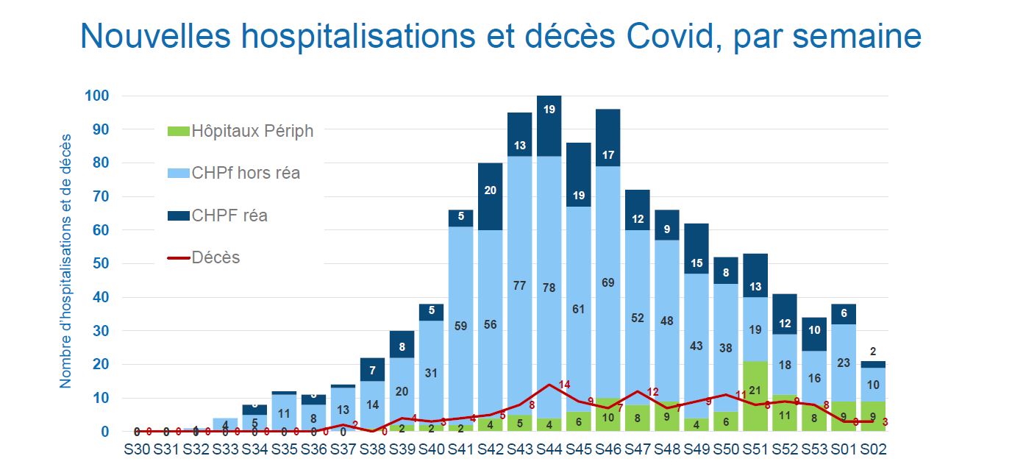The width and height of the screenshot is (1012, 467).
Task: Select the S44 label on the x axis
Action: coord(549,449)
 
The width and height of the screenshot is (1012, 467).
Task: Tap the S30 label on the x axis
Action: coord(137,449)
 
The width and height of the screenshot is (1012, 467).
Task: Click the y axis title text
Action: coord(65,261)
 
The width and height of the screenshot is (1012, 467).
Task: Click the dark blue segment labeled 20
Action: coord(490,190)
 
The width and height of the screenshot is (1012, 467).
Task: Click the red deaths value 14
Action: coord(564,384)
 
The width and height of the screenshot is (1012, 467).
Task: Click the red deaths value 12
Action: coord(652,391)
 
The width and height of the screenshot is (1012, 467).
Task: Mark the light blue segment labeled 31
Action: coord(431,373)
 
